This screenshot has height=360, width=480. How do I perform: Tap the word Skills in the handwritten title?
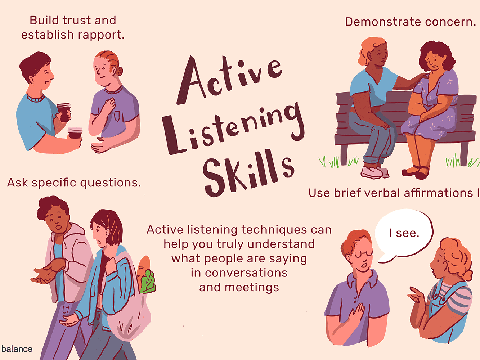click(248, 173)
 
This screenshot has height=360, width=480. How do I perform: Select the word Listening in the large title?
click(234, 128)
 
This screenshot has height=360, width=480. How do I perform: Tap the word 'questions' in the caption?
click(110, 183)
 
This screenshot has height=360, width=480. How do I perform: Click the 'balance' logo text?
click(17, 349)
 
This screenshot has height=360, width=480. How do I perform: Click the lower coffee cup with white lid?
click(75, 133)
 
